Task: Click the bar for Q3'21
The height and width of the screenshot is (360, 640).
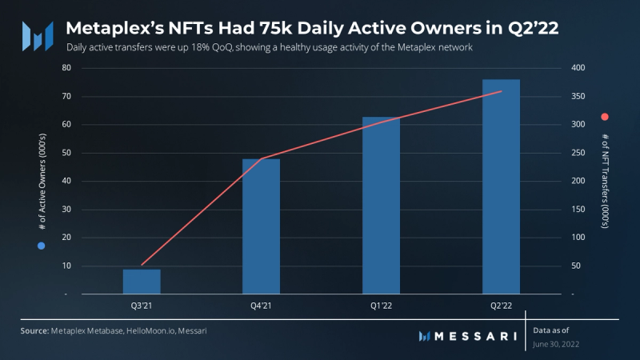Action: (x=142, y=282)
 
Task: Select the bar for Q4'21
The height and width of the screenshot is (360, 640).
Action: (x=261, y=226)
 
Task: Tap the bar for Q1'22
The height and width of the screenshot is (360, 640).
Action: (x=381, y=206)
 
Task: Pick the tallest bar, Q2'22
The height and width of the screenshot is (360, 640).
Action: (x=501, y=186)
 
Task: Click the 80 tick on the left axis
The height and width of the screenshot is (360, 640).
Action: (x=66, y=68)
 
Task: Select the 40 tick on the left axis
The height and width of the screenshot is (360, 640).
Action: (x=66, y=181)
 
